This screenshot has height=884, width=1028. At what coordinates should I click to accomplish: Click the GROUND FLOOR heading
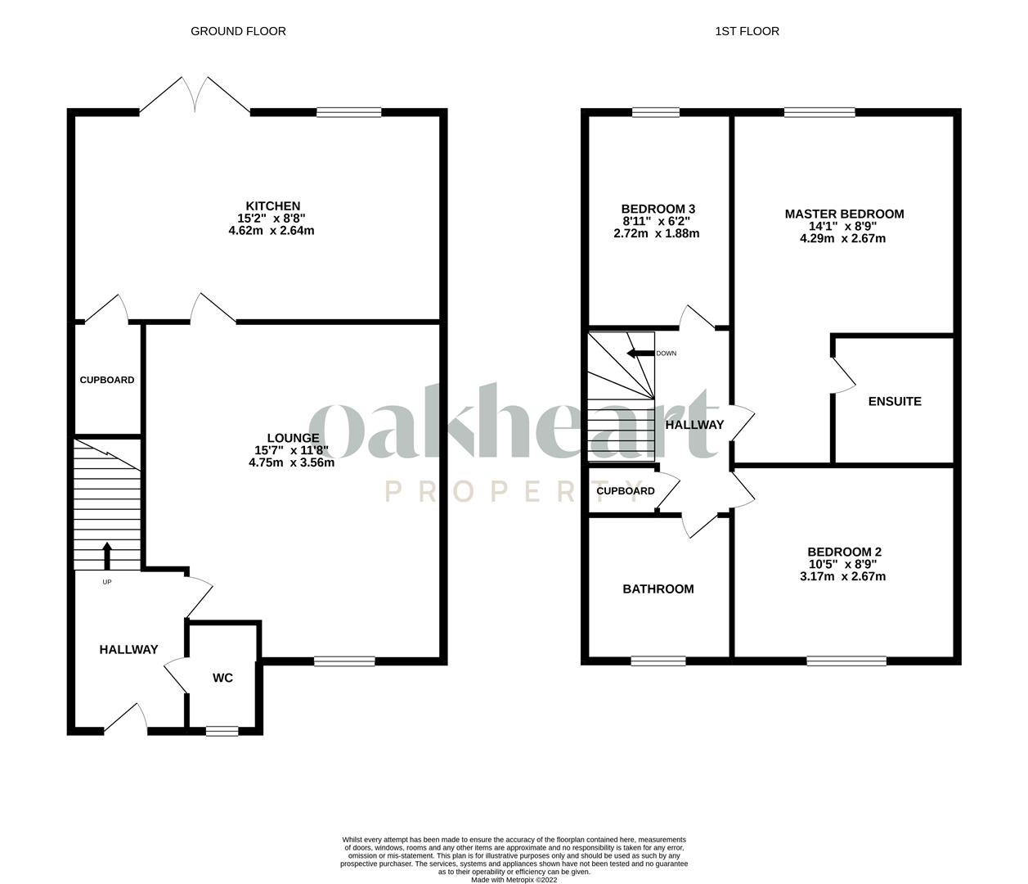pos(238,31)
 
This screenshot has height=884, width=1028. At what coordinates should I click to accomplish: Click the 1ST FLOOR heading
pos(747,31)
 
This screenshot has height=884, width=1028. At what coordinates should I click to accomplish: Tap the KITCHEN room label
pos(273,205)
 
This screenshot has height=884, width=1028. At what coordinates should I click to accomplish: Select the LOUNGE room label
pos(293,438)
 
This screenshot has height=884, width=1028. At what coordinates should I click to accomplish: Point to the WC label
pos(222,678)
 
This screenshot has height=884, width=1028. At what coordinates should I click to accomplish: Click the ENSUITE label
pos(895,401)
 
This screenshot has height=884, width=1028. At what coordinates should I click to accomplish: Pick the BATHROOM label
pos(658,589)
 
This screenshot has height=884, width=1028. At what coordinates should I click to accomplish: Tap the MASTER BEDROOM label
pos(844,214)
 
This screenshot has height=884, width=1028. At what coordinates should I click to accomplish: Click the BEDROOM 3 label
pos(658,209)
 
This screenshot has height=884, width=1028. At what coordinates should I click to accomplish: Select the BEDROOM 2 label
pos(844,552)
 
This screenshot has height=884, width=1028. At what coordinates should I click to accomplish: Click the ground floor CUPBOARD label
pos(106,380)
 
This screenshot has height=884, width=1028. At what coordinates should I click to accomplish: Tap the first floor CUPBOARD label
pos(625,491)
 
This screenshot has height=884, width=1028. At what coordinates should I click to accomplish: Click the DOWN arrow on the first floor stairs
pos(640,354)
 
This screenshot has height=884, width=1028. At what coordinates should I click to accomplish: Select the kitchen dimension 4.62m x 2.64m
pos(272,231)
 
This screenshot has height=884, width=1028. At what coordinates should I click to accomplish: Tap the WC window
pos(222,731)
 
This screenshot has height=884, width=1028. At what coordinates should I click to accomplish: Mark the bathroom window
pos(658,661)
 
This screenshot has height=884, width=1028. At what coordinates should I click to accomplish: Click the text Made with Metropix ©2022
pos(514,880)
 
